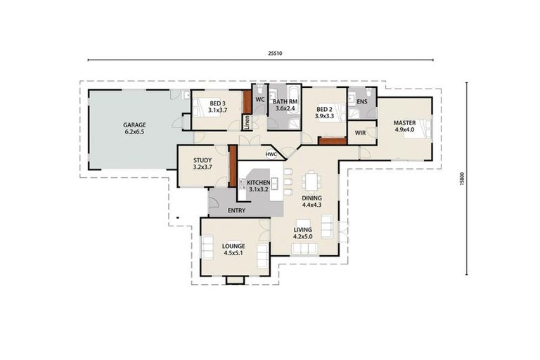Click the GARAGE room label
tap(135, 125)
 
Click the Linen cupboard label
tap(247, 122)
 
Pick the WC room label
tap(259, 100)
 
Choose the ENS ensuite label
tap(362, 102)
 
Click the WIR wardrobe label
tap(360, 132)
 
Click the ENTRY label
tap(237, 210)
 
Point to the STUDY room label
tap(202, 160)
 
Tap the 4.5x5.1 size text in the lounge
tap(233, 253)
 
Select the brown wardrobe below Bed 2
tap(332, 141)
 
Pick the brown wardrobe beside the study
tap(232, 166)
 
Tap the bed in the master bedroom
tap(419, 131)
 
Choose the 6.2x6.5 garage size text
tap(135, 132)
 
